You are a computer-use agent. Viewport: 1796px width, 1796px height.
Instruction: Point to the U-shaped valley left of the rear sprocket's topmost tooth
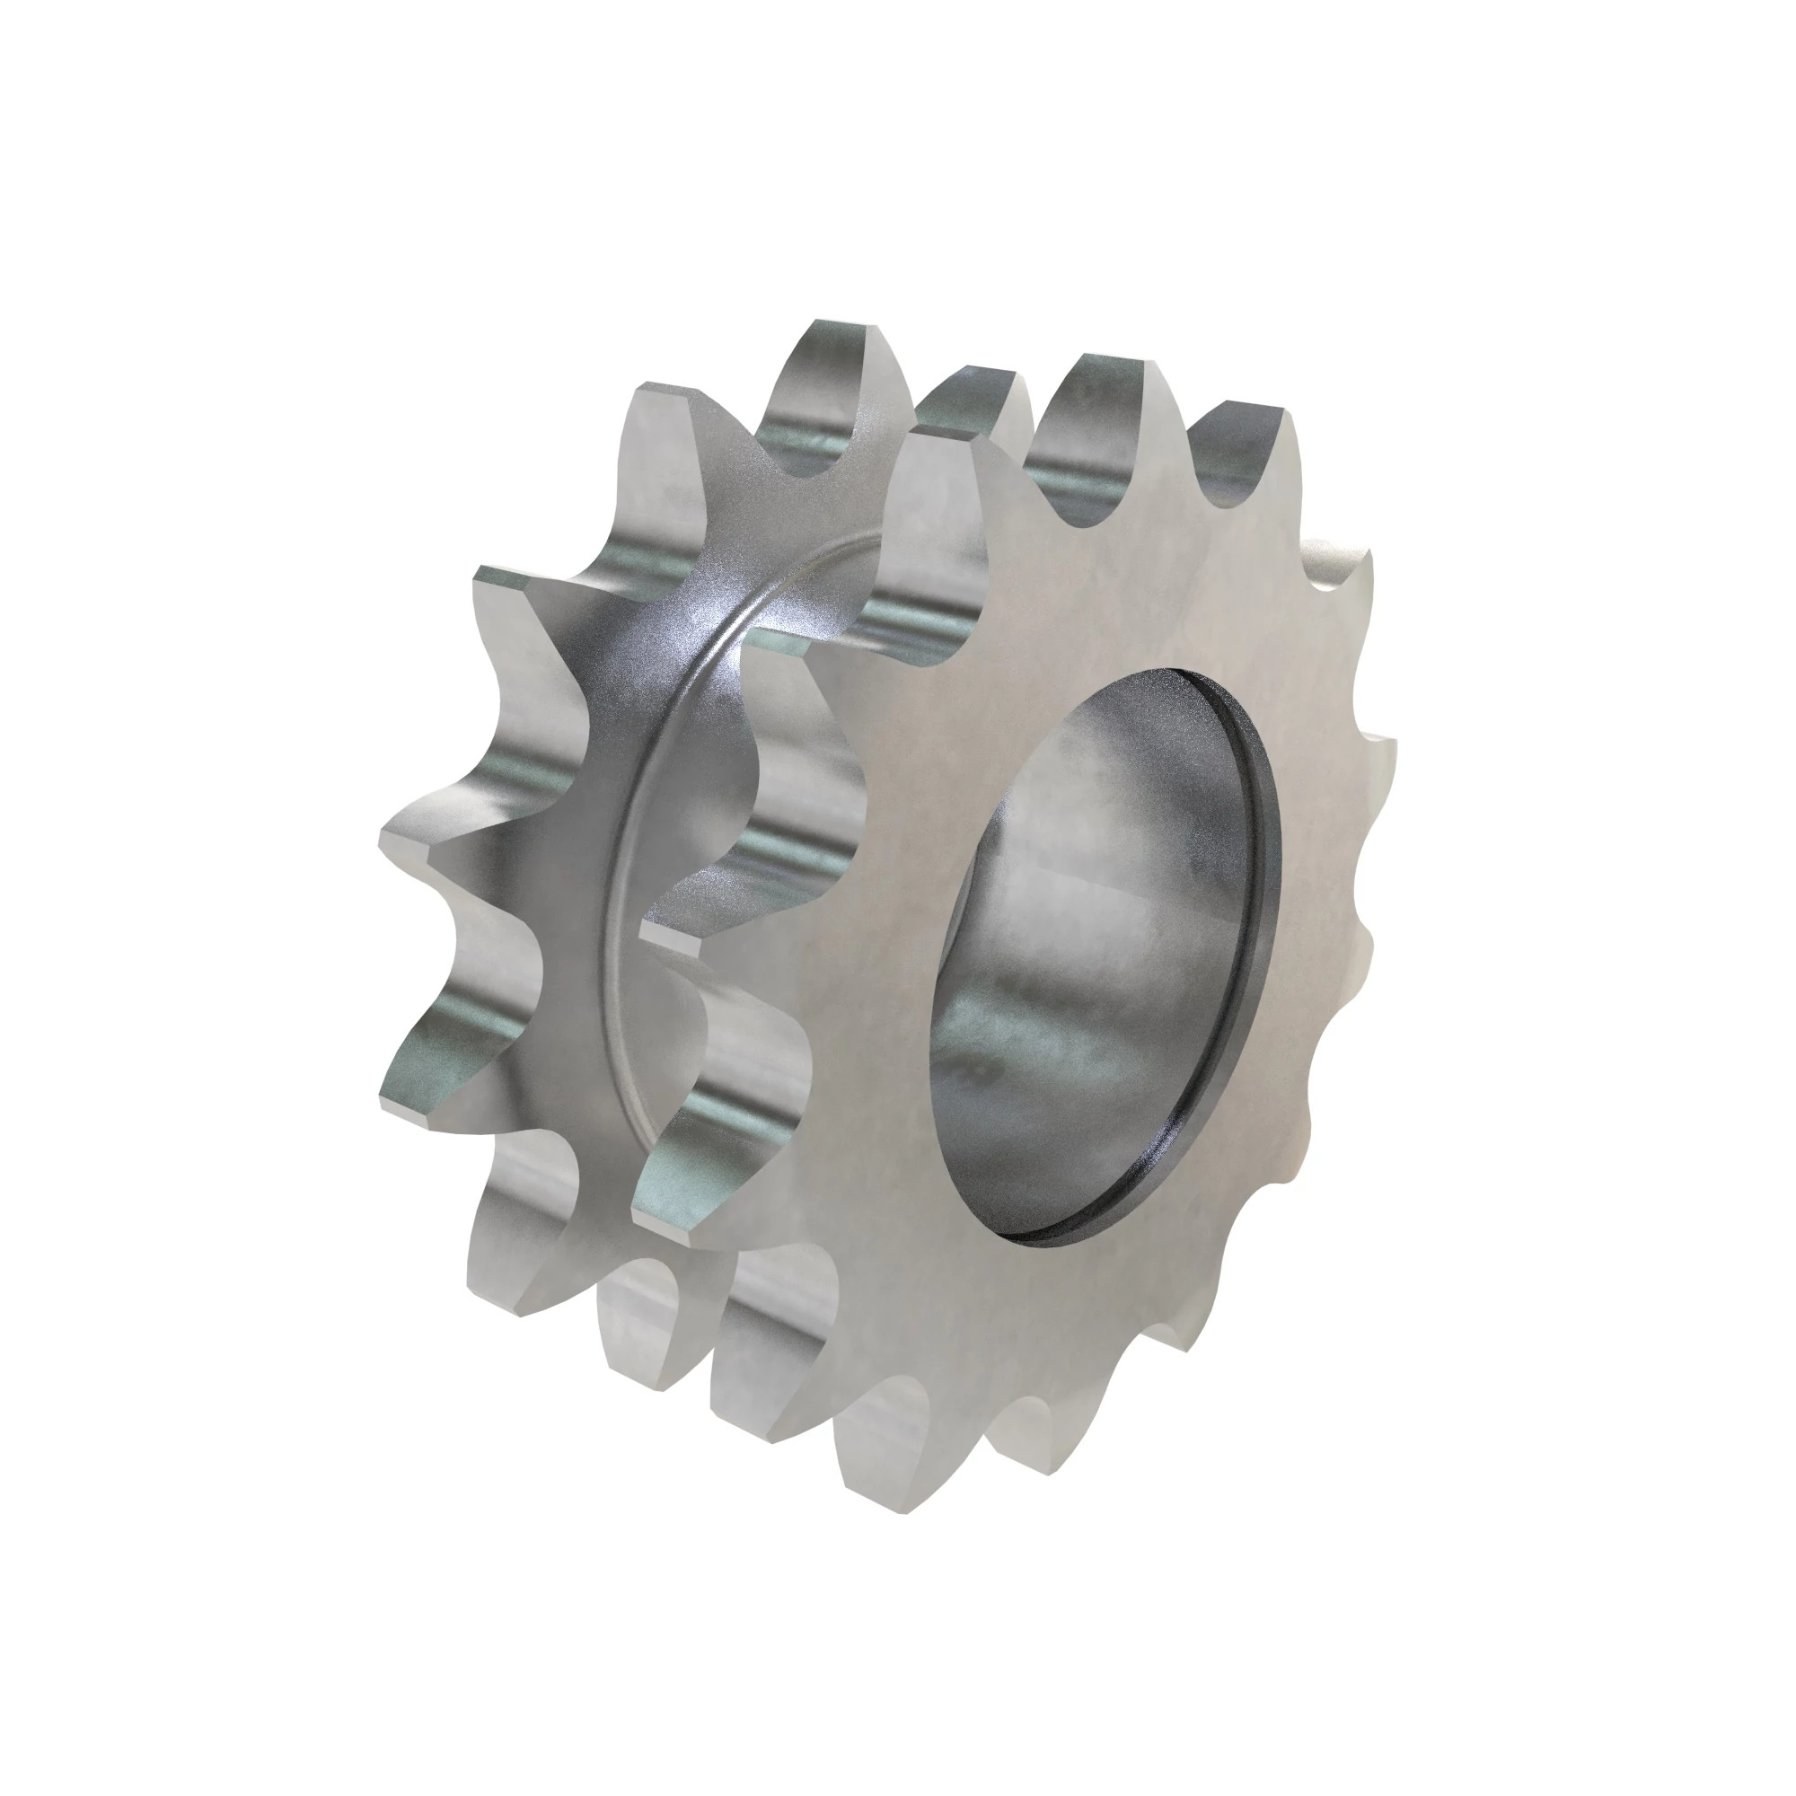click(x=790, y=437)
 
